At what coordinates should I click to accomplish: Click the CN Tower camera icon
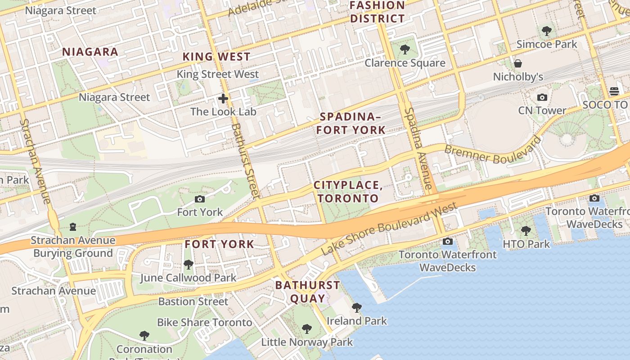pos(542,97)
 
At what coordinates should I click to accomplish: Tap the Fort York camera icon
pos(200,199)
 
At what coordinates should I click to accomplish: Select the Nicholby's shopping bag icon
pos(518,63)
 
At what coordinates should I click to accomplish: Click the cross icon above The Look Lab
pos(223,99)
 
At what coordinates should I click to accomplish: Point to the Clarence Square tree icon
pos(405,49)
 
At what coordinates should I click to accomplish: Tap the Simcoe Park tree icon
pos(547,31)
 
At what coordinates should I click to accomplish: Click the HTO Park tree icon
pos(526,231)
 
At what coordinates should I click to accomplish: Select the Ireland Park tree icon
pos(357,308)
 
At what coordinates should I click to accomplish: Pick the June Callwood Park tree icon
pos(189,265)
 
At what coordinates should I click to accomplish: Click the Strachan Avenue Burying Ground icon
pos(72,227)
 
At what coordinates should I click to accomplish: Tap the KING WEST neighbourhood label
pos(216,57)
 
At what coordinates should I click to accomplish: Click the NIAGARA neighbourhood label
pos(90,52)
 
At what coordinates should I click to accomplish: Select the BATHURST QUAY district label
pos(308,291)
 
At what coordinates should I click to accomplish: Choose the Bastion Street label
pos(193,301)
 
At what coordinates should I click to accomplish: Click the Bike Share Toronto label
pos(204,322)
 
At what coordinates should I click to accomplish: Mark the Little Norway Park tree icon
pos(307,329)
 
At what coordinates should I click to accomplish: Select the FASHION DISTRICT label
pos(378,12)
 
